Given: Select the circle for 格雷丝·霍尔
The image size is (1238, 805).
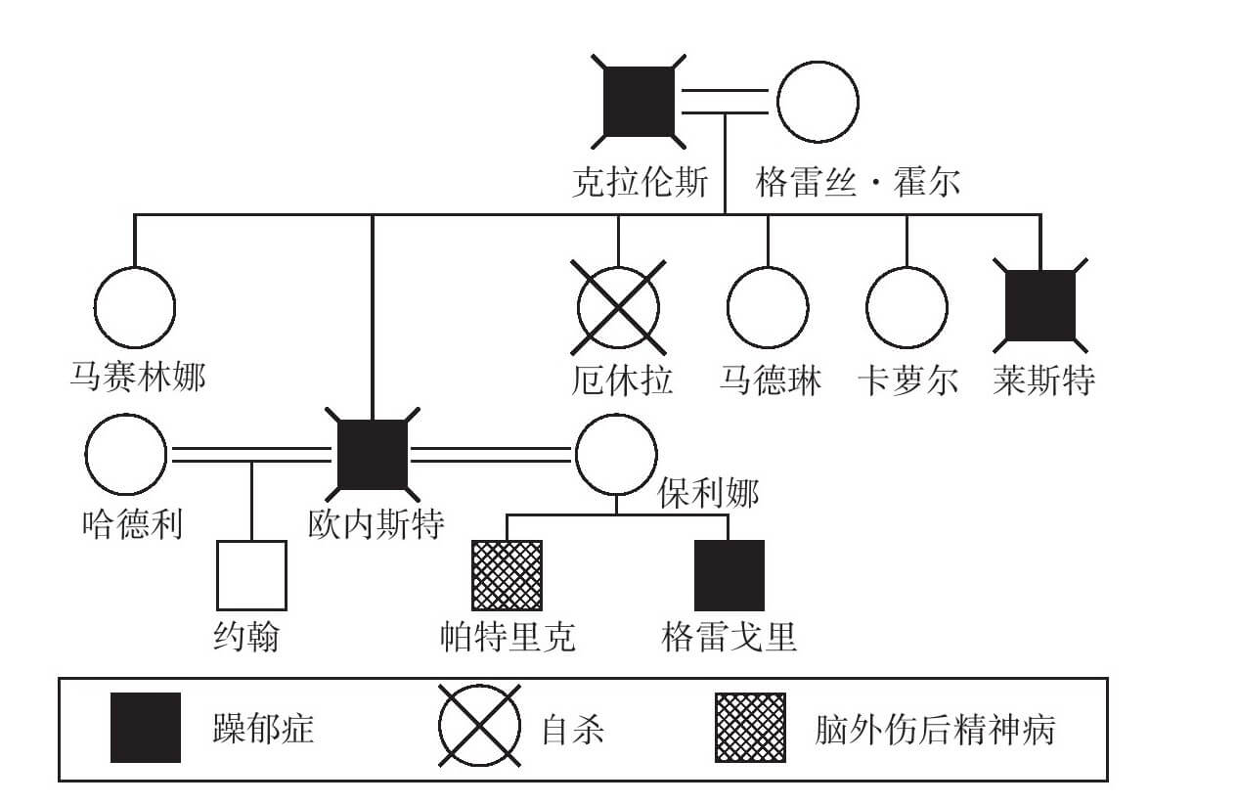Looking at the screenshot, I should coord(818,102).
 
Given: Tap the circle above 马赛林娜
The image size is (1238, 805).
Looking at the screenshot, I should coord(135,307).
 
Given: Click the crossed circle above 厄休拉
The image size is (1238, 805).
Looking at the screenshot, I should coord(618,307).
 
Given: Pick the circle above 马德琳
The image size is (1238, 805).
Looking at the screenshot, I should coord(768,307).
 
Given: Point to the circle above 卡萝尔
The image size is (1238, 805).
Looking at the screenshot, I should coord(907,307).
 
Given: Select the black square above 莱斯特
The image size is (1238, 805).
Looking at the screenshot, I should coord(1040,306).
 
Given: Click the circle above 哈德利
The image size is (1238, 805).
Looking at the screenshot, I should coord(126,454).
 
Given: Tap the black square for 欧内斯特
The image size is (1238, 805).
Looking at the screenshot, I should coord(373,454).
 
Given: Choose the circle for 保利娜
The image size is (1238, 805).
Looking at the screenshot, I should coord(616,454).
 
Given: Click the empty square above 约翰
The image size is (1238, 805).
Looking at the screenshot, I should coord(251,575).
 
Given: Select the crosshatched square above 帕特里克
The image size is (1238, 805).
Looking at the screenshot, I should coord(507,575).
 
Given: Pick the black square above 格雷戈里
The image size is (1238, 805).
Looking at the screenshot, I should coord(729,575).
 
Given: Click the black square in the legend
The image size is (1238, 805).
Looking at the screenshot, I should coord(146,728).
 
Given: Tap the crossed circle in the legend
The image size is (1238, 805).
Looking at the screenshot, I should coord(479,728).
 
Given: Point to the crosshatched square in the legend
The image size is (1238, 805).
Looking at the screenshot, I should coord(750,728).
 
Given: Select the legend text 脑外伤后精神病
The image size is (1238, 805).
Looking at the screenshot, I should coord(935,730).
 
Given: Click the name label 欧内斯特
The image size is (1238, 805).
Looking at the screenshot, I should coord(376,525).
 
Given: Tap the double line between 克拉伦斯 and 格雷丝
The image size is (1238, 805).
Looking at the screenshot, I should coord(725,102).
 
